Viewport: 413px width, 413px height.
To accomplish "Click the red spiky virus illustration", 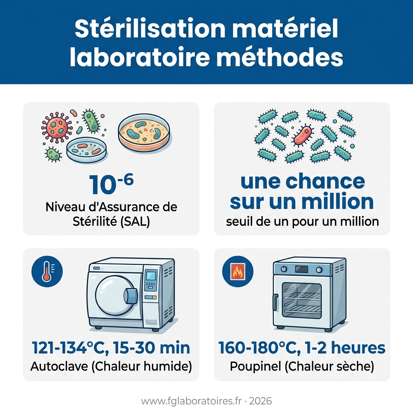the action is (56, 127).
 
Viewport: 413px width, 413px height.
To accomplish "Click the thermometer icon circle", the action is (47, 271).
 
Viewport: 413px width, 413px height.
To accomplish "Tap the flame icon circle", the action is (238, 271).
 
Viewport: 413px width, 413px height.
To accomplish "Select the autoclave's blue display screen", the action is (151, 276).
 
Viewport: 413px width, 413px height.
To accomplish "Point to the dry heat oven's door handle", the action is (275, 302).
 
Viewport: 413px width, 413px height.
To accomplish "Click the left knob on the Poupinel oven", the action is (284, 269).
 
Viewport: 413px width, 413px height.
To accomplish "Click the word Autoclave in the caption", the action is (59, 366).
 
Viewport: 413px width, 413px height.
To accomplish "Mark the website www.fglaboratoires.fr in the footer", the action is (192, 401).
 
